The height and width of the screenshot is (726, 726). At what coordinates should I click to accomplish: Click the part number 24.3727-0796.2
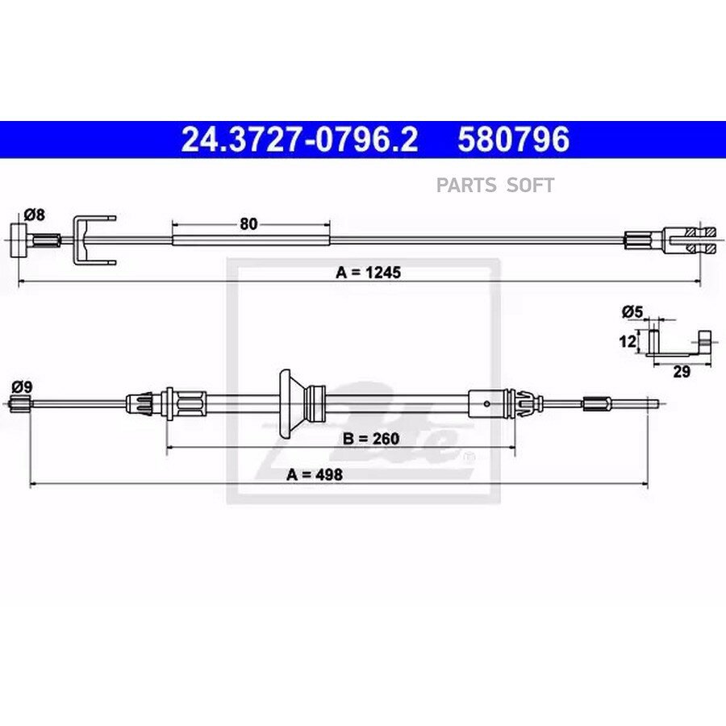pyautogui.click(x=299, y=140)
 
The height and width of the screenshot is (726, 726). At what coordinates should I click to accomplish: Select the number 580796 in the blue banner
pyautogui.click(x=514, y=140)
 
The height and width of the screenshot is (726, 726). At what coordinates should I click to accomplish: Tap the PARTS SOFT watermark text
pyautogui.click(x=495, y=186)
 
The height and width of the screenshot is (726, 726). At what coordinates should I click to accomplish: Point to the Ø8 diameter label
pyautogui.click(x=34, y=215)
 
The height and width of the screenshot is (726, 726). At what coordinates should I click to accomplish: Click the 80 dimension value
pyautogui.click(x=248, y=224)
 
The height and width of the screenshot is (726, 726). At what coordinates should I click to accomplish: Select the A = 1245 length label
pyautogui.click(x=368, y=273)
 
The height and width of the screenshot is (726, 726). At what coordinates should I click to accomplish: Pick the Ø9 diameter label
pyautogui.click(x=23, y=386)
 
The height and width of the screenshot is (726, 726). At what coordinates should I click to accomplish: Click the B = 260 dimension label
pyautogui.click(x=371, y=438)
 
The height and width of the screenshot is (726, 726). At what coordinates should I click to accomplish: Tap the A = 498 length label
pyautogui.click(x=315, y=474)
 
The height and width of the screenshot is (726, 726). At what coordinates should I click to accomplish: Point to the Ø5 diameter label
pyautogui.click(x=632, y=312)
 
